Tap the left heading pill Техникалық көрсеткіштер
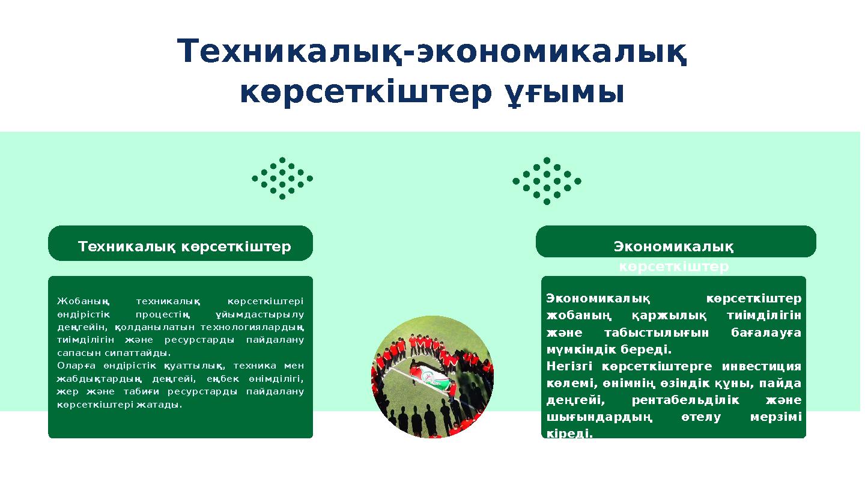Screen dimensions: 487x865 tap(184, 247)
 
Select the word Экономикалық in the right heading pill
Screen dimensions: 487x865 tap(673, 247)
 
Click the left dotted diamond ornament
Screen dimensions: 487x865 tap(282, 179)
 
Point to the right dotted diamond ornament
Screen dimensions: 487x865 tap(547, 181)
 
